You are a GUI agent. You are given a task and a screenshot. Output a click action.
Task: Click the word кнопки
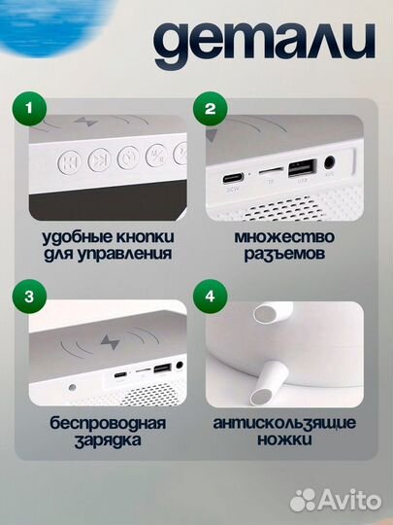142,236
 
